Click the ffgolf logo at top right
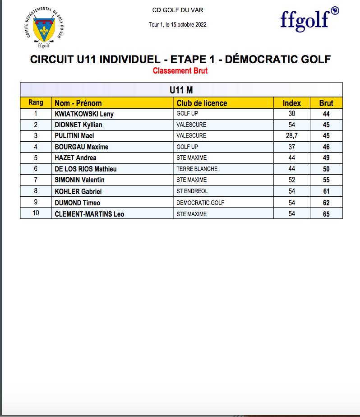[x=309, y=19]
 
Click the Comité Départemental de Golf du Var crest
[x=44, y=29]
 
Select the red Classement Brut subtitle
[x=180, y=71]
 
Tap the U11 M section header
[x=181, y=90]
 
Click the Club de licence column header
[x=202, y=103]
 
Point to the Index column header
[x=291, y=103]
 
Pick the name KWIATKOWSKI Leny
[x=84, y=114]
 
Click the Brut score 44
[x=326, y=114]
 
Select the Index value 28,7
[x=292, y=136]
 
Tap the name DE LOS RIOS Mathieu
[x=86, y=169]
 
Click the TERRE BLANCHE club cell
[x=197, y=169]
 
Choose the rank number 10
[x=36, y=213]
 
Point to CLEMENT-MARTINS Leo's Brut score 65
[x=326, y=214]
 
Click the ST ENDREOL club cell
[x=192, y=191]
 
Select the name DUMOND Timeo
[x=78, y=203]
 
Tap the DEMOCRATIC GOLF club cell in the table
[x=200, y=203]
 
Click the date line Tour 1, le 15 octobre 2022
[x=177, y=24]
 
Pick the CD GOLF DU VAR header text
[x=177, y=10]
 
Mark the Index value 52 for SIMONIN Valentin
[x=292, y=180]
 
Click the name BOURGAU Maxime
[x=81, y=147]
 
